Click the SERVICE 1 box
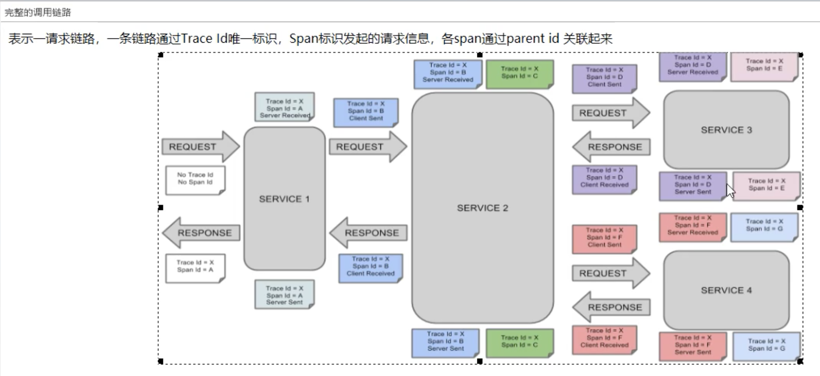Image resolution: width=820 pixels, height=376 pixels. [x=284, y=199]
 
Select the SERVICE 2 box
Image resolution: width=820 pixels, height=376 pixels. [x=482, y=208]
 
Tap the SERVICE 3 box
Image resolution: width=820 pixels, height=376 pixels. [x=726, y=130]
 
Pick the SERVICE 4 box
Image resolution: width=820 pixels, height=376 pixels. [x=726, y=290]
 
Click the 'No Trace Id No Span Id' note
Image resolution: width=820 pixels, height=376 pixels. [x=195, y=179]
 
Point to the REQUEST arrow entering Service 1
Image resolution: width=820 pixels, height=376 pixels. [x=200, y=147]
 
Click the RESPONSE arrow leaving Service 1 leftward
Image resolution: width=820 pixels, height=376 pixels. [x=201, y=233]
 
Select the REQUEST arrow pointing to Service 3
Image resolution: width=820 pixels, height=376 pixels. [x=610, y=113]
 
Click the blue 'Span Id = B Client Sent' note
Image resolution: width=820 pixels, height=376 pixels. [x=366, y=112]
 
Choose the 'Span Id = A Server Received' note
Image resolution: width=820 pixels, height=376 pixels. [x=284, y=107]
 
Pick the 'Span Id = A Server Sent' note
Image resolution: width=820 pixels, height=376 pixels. [x=284, y=294]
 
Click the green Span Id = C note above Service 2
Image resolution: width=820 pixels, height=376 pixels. [x=520, y=74]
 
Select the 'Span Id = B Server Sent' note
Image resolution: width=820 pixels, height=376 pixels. [x=445, y=342]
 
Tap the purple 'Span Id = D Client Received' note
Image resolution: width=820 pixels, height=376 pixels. [x=604, y=179]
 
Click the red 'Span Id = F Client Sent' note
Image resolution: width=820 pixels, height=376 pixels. [x=604, y=238]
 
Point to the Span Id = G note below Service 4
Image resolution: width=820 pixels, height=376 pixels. [x=766, y=346]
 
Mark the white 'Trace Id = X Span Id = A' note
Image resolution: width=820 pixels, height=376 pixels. [x=195, y=267]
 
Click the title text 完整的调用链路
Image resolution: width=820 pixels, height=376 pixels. [x=38, y=12]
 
